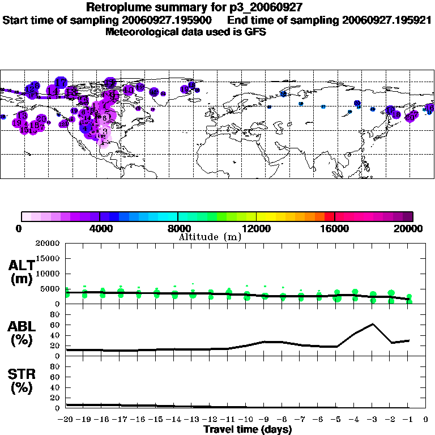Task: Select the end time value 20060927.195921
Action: pyautogui.click(x=387, y=20)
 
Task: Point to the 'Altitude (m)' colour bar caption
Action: pyautogui.click(x=210, y=237)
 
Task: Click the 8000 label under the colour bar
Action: pyautogui.click(x=178, y=229)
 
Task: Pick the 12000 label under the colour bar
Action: pyautogui.click(x=256, y=229)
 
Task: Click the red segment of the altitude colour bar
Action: pyautogui.click(x=329, y=216)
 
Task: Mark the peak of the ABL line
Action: pyautogui.click(x=373, y=324)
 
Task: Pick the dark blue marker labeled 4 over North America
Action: pyautogui.click(x=87, y=129)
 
